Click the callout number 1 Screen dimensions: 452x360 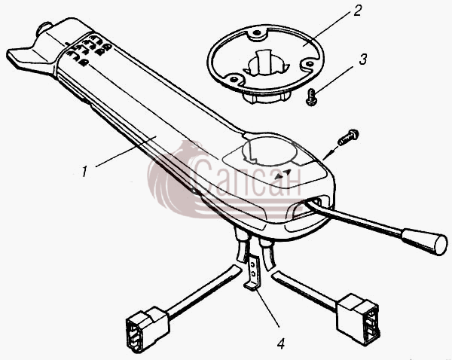click(x=84, y=172)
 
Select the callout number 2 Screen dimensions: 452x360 click(x=357, y=11)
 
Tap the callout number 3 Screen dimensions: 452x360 click(x=363, y=59)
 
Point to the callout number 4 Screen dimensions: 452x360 click(x=281, y=343)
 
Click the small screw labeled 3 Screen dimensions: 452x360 click(x=311, y=97)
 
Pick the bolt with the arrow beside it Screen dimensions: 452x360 click(x=348, y=137)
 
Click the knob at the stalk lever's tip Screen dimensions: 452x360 click(x=425, y=242)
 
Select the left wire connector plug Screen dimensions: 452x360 click(x=147, y=329)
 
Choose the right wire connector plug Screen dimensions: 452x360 click(x=358, y=319)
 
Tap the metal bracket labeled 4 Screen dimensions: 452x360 click(x=253, y=272)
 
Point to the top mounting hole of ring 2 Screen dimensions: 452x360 click(x=256, y=33)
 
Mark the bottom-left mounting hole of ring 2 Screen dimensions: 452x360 click(x=234, y=78)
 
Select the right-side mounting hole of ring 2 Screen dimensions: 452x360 click(x=308, y=63)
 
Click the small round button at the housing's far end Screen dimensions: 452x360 click(x=44, y=29)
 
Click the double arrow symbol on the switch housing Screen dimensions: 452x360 click(x=282, y=174)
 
